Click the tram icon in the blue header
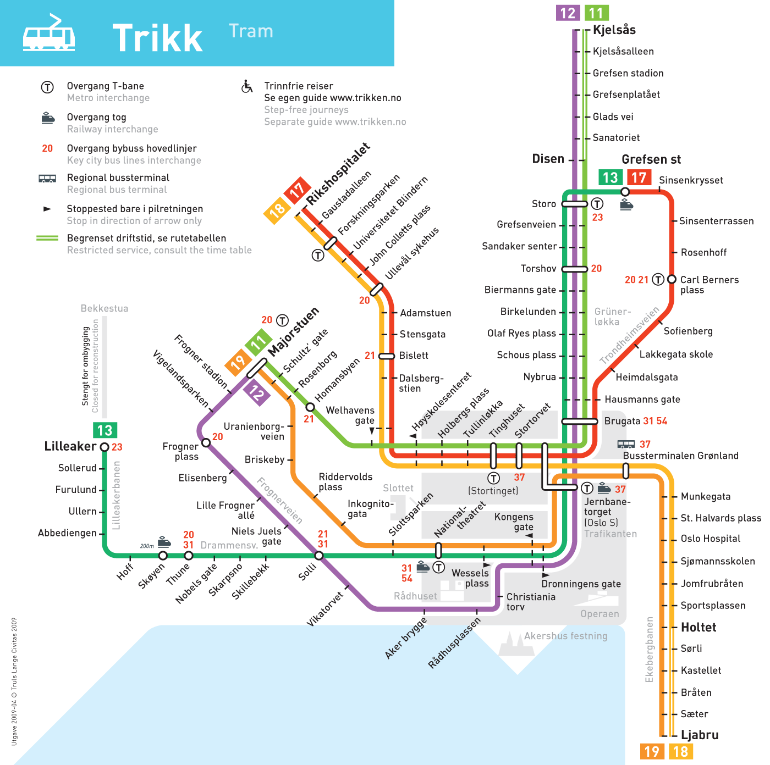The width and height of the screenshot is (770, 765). pos(49,35)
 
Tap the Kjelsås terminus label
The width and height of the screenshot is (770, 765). pos(614,30)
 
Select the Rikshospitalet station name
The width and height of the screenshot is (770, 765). pos(338,174)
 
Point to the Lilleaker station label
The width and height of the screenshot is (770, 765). pos(70,446)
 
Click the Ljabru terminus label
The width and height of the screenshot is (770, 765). pos(700,735)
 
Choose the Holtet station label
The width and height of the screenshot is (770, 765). pos(698,627)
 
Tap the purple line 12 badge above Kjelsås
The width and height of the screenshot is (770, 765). pos(568,13)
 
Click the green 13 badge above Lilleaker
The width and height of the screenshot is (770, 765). pos(105,430)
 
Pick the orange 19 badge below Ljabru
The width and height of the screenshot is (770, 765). pos(652,751)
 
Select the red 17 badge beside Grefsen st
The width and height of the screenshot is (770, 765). pos(639,178)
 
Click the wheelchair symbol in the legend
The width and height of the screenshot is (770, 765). pos(247,86)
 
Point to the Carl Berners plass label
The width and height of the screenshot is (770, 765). pos(709,284)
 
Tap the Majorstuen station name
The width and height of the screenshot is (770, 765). pos(294,331)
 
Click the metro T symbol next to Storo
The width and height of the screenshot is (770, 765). pos(597,203)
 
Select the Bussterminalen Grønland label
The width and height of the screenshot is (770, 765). pos(680,456)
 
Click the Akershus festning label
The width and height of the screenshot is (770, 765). pos(565,636)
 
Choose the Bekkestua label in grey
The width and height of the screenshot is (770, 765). pos(105,308)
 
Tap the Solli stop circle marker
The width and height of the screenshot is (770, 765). pos(319,556)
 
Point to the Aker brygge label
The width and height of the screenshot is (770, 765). pos(406,637)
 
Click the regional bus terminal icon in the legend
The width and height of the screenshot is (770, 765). pos(47,178)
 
